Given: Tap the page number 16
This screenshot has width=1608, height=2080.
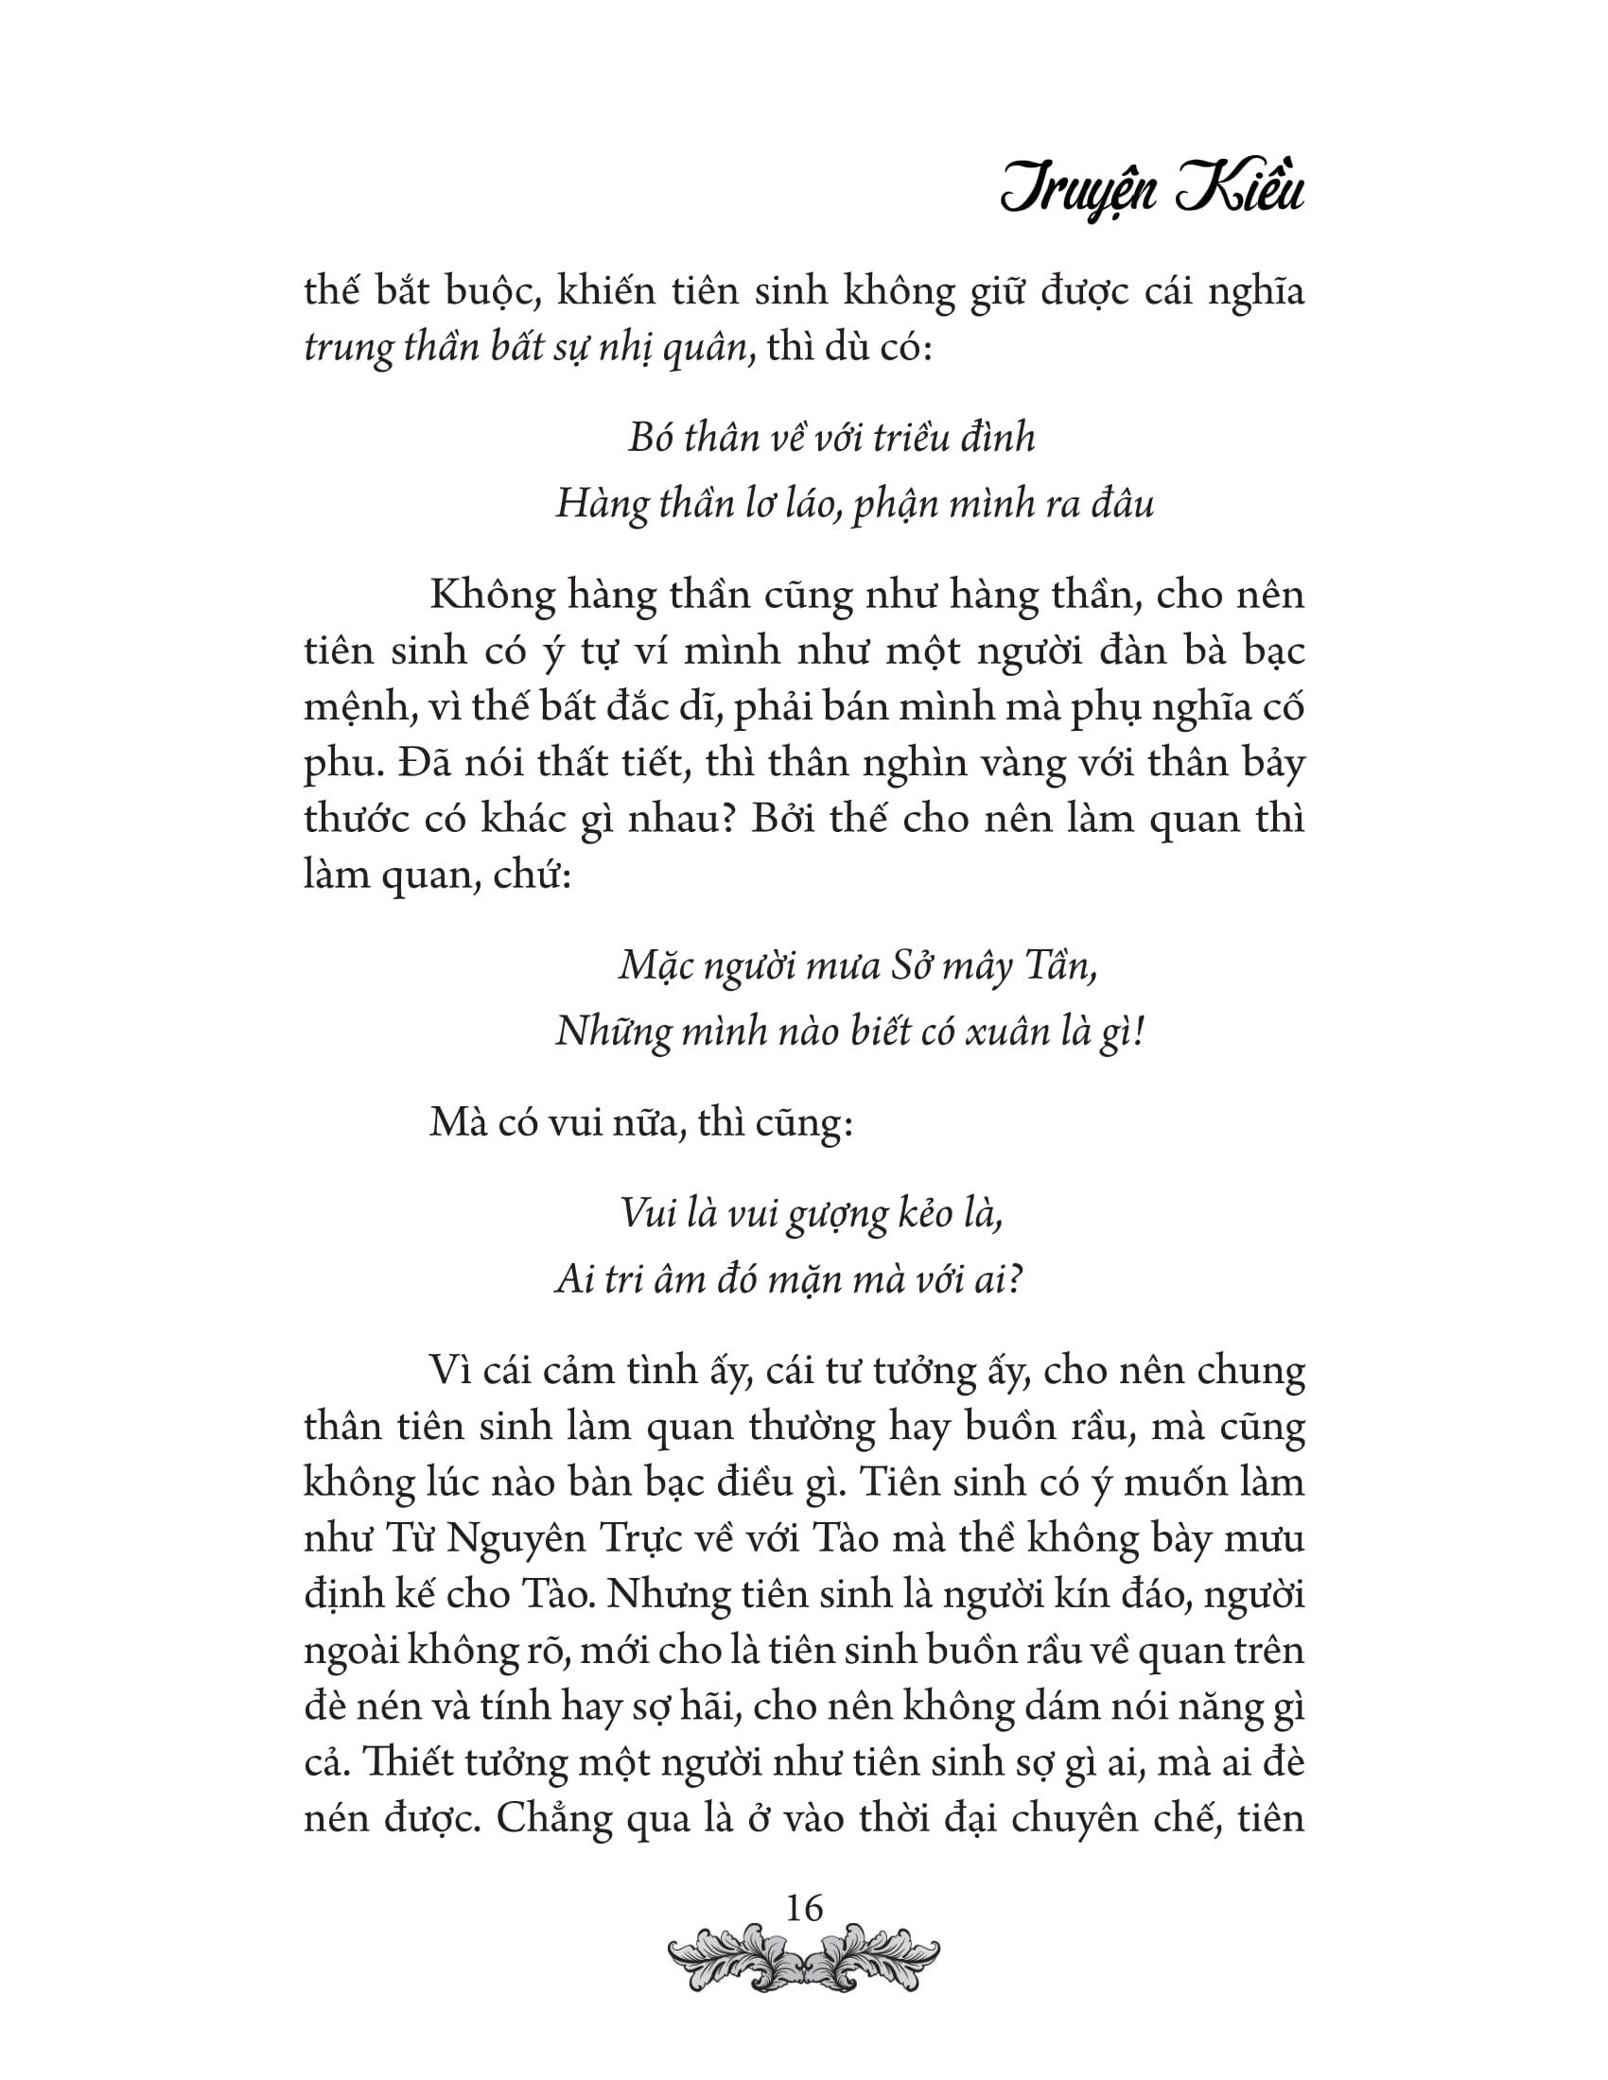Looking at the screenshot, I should (x=801, y=1909).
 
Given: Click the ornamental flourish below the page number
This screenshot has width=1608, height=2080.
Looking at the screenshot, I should (x=803, y=1961).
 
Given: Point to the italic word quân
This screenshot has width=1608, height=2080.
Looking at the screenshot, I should (x=713, y=349).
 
